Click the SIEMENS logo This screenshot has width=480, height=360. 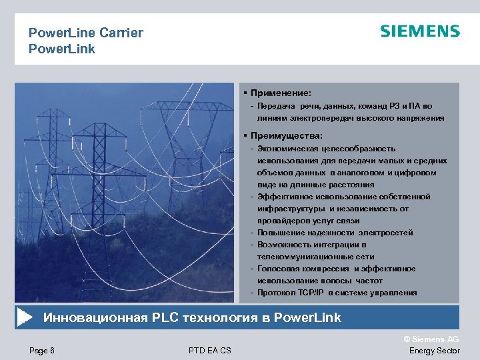point(420,31)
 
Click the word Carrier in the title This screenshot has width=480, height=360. point(121,33)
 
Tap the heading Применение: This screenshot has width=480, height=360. point(281,93)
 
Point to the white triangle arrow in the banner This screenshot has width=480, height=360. point(24,317)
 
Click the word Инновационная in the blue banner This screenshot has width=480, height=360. point(95,317)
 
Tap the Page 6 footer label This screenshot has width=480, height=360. point(42,351)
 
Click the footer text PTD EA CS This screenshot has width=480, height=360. point(210,351)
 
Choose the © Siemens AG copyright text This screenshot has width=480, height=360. point(432,339)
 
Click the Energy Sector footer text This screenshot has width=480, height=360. point(434,351)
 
